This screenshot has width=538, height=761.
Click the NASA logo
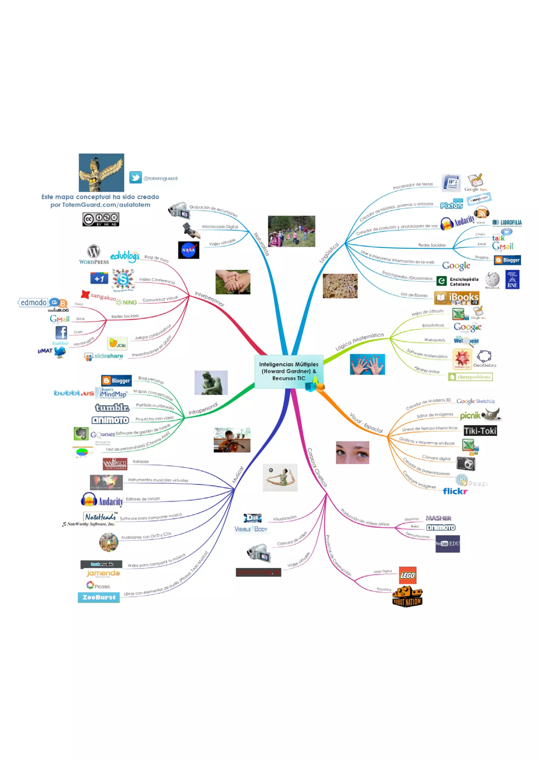click(x=188, y=250)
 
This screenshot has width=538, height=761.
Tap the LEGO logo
click(x=407, y=575)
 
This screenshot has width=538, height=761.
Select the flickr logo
click(x=455, y=491)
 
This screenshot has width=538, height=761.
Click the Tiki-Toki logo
click(x=480, y=431)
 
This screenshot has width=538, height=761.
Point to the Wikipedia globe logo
click(x=492, y=279)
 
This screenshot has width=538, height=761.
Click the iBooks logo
click(x=457, y=298)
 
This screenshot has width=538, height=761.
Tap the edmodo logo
click(x=33, y=302)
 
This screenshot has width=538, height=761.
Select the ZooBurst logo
click(x=99, y=597)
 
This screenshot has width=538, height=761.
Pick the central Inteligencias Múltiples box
click(x=288, y=371)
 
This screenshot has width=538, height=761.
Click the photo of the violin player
click(x=232, y=440)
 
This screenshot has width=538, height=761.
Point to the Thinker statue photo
click(x=211, y=382)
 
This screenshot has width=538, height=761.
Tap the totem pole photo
click(x=101, y=172)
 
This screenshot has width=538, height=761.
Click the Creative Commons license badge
click(x=101, y=219)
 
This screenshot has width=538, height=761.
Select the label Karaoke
click(x=141, y=461)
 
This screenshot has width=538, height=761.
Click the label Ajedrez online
click(x=427, y=370)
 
